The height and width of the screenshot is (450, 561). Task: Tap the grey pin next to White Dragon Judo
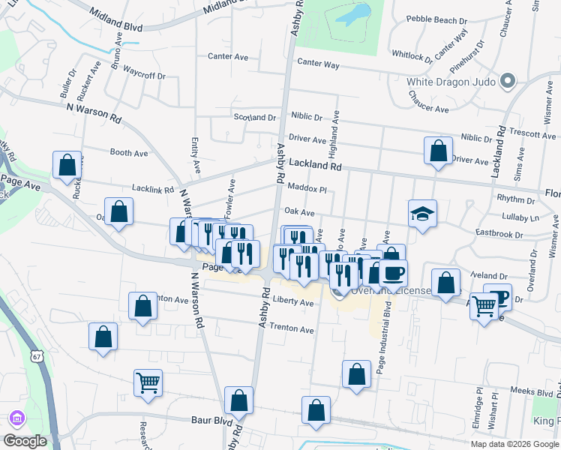point(508,81)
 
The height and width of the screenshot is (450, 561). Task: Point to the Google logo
point(25,442)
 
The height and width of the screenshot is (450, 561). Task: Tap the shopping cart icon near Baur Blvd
point(148,383)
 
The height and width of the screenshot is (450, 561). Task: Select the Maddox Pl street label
point(307,190)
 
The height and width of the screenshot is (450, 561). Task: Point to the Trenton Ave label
point(292,329)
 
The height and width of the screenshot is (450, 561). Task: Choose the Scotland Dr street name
point(255,118)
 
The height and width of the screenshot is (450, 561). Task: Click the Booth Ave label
point(129,153)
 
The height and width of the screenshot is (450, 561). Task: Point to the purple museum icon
point(16,418)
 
